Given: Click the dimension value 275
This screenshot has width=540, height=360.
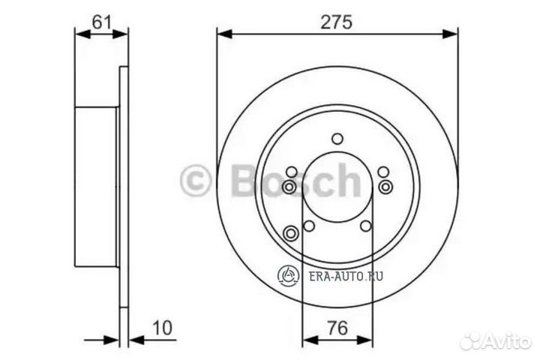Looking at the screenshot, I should click(x=337, y=22).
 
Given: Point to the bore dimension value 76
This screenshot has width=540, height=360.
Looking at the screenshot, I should click(x=337, y=328).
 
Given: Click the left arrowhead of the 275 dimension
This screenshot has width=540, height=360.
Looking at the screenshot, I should click(x=223, y=33).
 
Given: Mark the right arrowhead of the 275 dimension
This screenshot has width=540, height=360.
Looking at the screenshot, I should click(x=451, y=33).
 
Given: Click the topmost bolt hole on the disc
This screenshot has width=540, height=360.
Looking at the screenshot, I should click(x=337, y=138).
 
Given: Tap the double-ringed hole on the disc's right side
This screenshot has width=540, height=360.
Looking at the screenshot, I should click(x=385, y=185).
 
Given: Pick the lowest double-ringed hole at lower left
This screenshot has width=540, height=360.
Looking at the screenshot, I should click(x=292, y=233).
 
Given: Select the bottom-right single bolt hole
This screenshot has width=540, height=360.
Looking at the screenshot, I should click(x=366, y=226).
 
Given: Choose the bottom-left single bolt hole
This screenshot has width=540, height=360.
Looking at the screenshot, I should click(x=308, y=226).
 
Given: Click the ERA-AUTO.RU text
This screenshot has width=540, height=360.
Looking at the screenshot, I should click(x=346, y=276).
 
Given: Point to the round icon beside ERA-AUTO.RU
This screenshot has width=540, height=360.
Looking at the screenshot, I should click(x=288, y=275).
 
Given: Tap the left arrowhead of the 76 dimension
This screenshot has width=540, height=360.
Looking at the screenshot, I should click(x=306, y=341).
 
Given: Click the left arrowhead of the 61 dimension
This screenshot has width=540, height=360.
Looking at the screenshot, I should click(x=79, y=33).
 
